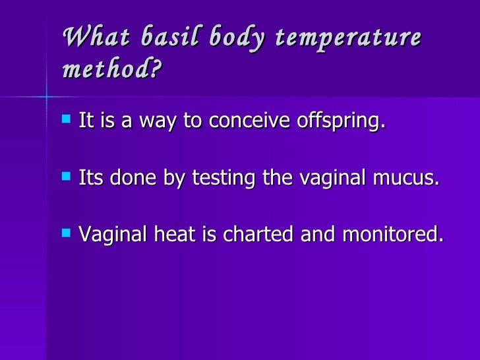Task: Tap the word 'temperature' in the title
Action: coord(359,37)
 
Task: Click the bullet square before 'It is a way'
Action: coord(65,120)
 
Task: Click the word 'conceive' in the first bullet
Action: coord(246,121)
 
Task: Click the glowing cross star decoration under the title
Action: coord(47,97)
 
